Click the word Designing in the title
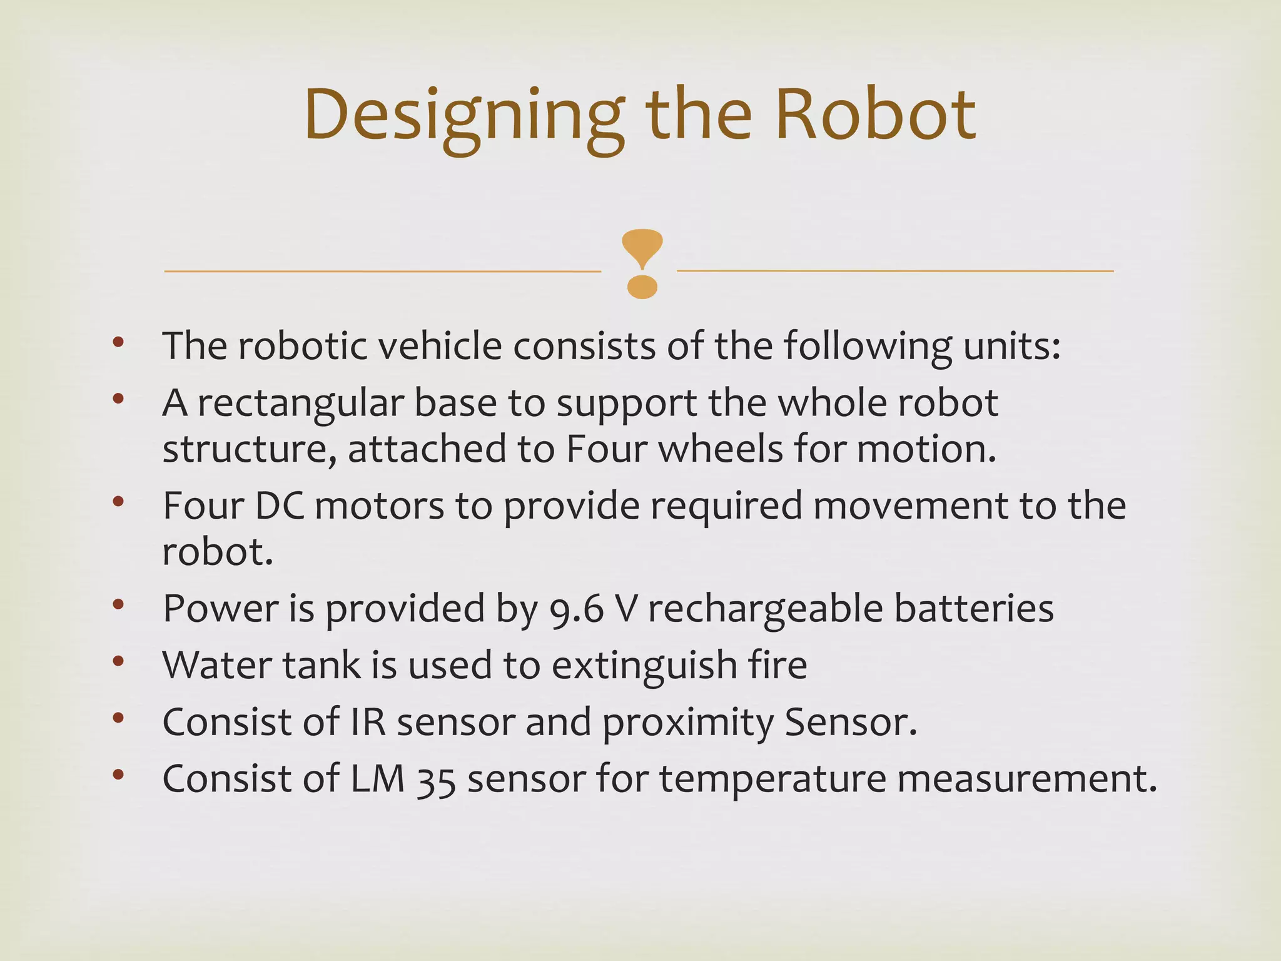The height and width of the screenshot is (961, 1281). point(463,116)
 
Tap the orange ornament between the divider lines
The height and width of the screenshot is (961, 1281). point(642,263)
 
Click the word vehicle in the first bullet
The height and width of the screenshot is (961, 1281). point(440,345)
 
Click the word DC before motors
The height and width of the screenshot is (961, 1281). point(279,506)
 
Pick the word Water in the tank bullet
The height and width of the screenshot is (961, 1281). point(216,664)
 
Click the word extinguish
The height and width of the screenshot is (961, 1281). point(644,666)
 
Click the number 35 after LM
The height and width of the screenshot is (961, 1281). point(436,780)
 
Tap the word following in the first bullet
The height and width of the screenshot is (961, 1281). point(868,347)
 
